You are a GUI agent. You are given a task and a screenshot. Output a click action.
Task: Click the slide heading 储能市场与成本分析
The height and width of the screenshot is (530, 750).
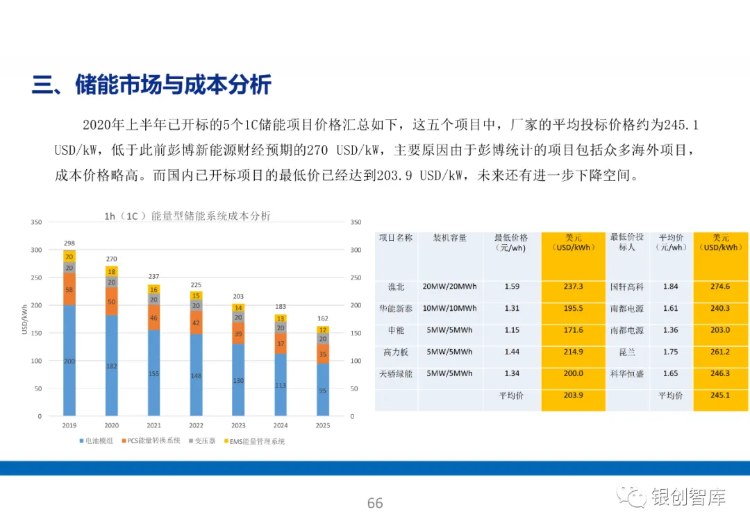pos(173,85)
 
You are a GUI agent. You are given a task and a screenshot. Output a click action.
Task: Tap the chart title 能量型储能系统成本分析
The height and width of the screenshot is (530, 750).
pos(211,216)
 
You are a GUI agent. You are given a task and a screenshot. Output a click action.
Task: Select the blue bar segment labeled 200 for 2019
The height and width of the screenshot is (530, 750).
pos(69,360)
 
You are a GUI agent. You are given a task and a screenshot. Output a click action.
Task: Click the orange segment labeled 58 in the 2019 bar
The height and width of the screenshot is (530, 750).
pos(69,289)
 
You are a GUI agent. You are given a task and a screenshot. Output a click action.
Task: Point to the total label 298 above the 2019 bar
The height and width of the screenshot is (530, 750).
pos(69,243)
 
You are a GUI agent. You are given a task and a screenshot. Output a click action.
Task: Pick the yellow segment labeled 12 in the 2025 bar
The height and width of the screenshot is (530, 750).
pos(323,330)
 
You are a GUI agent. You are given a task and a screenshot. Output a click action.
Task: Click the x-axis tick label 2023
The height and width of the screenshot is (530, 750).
pos(238,425)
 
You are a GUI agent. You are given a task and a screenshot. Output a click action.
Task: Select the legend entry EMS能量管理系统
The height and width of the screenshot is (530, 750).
pos(254,441)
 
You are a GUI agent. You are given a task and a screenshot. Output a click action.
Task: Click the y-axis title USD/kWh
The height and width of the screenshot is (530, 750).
pos(24,319)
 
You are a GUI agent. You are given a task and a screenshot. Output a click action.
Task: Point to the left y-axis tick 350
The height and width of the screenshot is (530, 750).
pos(36,222)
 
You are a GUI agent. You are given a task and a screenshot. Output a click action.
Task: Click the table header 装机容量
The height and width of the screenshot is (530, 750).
pos(449,237)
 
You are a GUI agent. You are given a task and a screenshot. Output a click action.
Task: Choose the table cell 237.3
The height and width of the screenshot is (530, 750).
pos(573,287)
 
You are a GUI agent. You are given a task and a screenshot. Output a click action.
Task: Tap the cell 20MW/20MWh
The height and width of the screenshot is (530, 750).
pos(449,287)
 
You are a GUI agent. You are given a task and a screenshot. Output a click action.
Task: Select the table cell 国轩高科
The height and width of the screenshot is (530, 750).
pos(627,287)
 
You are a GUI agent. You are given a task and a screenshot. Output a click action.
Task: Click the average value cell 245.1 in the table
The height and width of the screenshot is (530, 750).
pos(720,395)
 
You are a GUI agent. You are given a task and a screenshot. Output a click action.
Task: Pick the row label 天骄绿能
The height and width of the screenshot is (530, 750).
pos(396,374)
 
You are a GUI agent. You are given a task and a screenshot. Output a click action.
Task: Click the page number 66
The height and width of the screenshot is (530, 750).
pos(375,503)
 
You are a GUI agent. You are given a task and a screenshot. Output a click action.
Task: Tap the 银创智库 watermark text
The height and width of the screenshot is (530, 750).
pos(689,497)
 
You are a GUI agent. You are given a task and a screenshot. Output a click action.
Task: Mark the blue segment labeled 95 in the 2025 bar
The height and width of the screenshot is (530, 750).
pos(323,389)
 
